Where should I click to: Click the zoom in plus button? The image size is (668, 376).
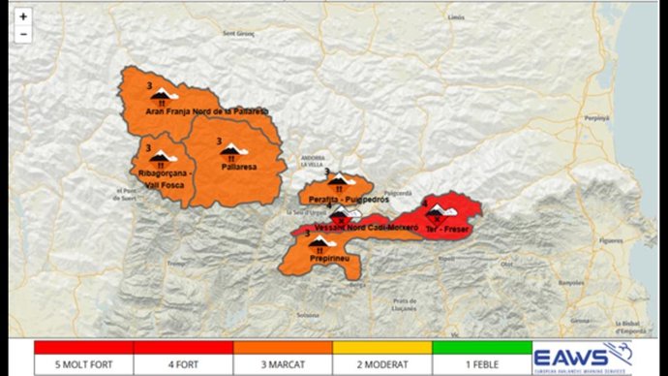click(22, 16)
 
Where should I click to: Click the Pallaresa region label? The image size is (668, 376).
click(238, 167)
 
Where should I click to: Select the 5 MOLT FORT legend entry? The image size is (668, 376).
click(83, 364)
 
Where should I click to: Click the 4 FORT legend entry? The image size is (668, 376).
click(183, 364)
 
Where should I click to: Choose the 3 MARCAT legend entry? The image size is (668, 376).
click(283, 364)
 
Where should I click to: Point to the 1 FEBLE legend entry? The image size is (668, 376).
click(481, 364)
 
